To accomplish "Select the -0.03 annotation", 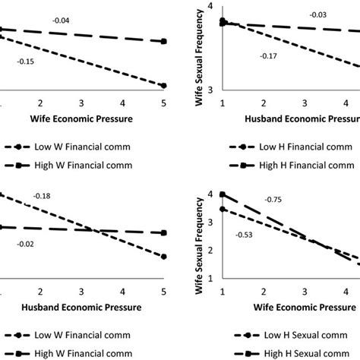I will point(317,14).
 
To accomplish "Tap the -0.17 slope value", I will point(268,55).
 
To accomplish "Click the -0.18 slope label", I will point(41,197).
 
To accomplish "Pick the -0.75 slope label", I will point(273,199).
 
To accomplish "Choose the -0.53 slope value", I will point(245,235).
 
